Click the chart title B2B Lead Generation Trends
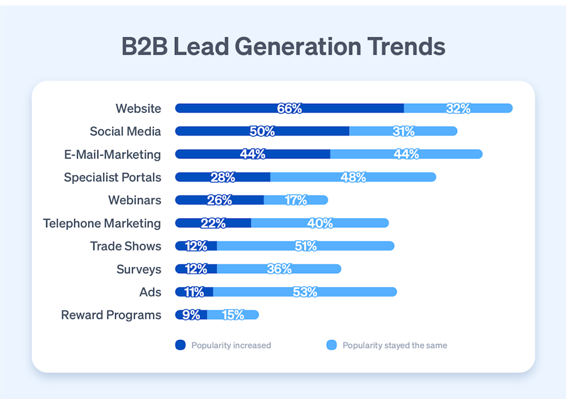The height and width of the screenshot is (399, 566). (x=283, y=48)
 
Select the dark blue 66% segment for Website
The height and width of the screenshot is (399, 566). (x=289, y=108)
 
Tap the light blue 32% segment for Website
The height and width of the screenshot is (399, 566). (x=458, y=108)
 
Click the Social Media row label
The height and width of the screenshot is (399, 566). (x=125, y=132)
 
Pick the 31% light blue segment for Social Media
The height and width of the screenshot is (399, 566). (x=403, y=132)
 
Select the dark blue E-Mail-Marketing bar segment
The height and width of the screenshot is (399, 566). (x=252, y=154)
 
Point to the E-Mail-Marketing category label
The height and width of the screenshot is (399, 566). (x=113, y=154)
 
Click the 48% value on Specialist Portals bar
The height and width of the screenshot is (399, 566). (x=353, y=177)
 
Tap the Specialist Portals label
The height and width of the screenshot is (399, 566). (x=113, y=177)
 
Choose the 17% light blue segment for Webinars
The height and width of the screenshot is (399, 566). (x=296, y=200)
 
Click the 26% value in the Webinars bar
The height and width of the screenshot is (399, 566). (x=219, y=200)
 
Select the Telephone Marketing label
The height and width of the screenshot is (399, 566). (x=102, y=223)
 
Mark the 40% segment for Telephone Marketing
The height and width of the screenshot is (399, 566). (x=319, y=223)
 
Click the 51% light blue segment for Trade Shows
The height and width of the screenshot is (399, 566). (x=306, y=246)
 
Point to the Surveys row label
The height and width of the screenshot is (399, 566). (x=139, y=269)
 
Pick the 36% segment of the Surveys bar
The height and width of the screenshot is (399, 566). (x=279, y=269)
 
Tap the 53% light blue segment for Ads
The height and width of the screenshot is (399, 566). (x=305, y=292)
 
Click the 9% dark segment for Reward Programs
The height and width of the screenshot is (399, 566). (x=191, y=315)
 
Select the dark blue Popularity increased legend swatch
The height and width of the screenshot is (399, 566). (x=180, y=345)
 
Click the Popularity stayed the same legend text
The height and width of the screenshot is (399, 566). (x=394, y=346)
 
